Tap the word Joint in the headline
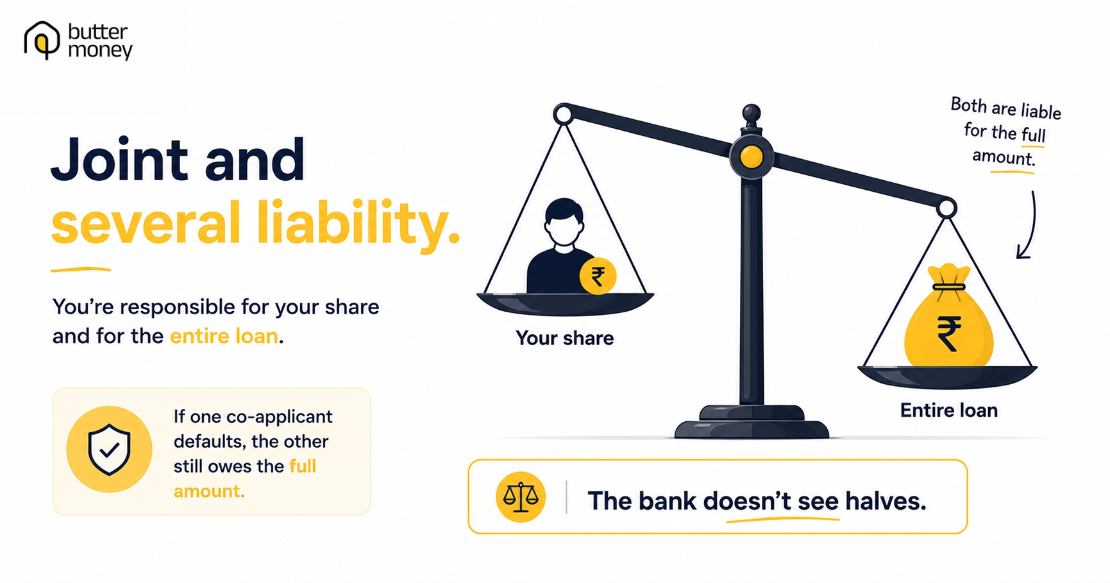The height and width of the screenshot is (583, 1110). [120, 159]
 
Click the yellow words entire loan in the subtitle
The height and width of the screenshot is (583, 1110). [224, 336]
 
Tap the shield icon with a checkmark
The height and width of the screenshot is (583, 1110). [109, 449]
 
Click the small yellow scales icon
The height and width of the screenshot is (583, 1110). [520, 497]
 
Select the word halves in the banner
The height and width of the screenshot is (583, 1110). [886, 501]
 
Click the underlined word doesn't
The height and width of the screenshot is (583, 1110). [747, 501]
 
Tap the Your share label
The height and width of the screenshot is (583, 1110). [564, 338]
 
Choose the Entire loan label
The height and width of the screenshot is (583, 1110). [948, 410]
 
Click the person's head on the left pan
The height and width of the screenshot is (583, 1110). [564, 222]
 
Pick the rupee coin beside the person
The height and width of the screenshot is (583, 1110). [598, 276]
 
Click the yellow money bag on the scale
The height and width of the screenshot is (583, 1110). [948, 321]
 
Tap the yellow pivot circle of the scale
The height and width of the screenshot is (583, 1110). [751, 156]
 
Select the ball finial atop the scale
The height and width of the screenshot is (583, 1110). [751, 114]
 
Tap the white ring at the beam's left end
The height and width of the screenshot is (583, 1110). [563, 115]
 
